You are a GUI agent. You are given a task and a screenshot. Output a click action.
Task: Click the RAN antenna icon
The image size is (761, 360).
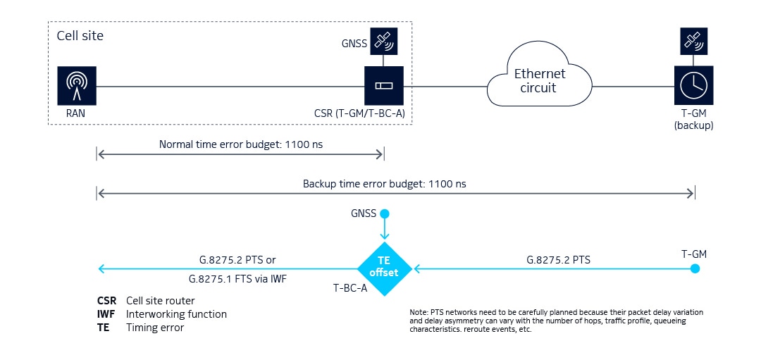point(77,85)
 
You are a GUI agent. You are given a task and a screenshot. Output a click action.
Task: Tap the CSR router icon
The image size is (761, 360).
point(383,85)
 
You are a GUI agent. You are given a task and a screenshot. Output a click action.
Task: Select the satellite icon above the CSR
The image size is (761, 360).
point(383,42)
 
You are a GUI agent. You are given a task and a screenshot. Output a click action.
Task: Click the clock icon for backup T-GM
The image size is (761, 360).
point(693,85)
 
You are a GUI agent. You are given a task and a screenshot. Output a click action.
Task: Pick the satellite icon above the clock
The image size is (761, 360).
point(693,42)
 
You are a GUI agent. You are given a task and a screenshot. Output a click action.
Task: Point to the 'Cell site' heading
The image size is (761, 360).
point(79,35)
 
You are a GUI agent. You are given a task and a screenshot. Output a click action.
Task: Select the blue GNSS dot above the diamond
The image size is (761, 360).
point(384,213)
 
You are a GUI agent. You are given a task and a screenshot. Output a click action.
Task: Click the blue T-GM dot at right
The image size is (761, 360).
point(695,268)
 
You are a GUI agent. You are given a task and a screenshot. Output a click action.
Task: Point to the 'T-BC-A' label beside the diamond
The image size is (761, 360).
point(349,287)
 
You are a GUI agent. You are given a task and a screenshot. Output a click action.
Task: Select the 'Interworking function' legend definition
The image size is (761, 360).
point(176,314)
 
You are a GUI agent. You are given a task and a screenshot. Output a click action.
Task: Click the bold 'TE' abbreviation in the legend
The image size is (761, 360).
point(104,327)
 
